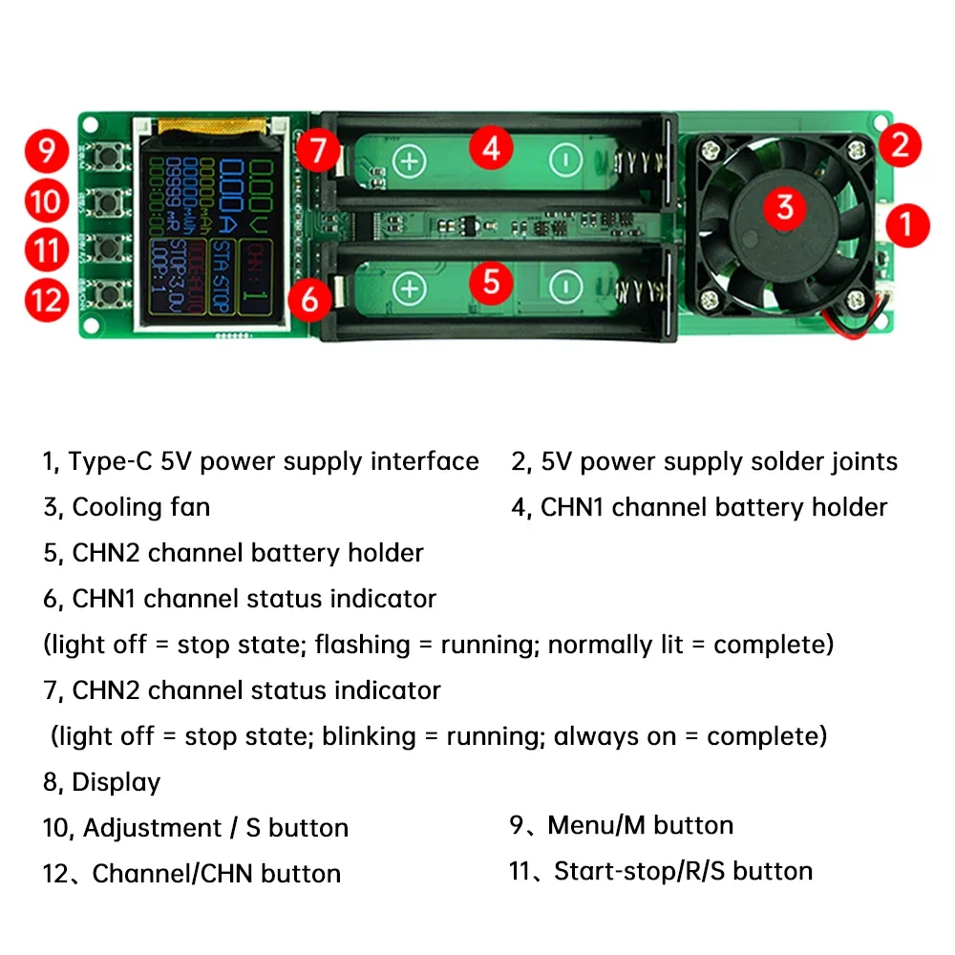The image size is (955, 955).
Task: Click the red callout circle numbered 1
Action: [x=906, y=224]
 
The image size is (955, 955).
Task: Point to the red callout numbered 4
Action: [x=491, y=148]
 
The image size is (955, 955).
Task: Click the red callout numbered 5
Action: [x=491, y=282]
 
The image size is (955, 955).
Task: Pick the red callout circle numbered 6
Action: [x=309, y=299]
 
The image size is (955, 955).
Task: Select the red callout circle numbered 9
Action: [x=46, y=152]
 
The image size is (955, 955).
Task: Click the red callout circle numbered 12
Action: [x=46, y=301]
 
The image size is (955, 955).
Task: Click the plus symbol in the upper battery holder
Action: [x=410, y=160]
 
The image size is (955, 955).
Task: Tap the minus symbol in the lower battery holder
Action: [x=566, y=286]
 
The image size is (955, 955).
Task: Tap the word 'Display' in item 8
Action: [x=116, y=782]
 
